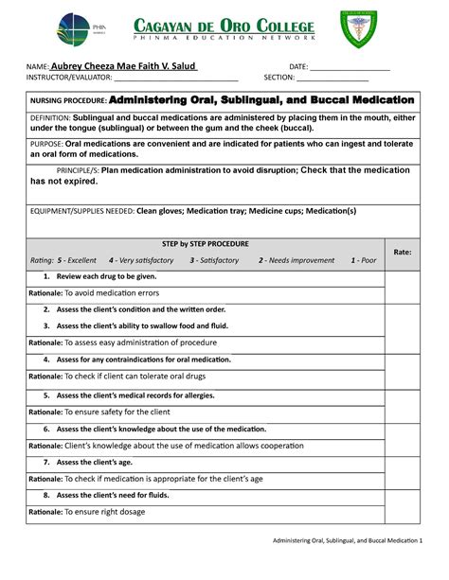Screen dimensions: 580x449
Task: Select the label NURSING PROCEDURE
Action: (x=69, y=100)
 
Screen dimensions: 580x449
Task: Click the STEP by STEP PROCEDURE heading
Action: (x=206, y=243)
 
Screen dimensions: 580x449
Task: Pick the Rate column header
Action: (x=402, y=253)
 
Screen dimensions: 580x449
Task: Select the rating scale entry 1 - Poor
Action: (x=363, y=260)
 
